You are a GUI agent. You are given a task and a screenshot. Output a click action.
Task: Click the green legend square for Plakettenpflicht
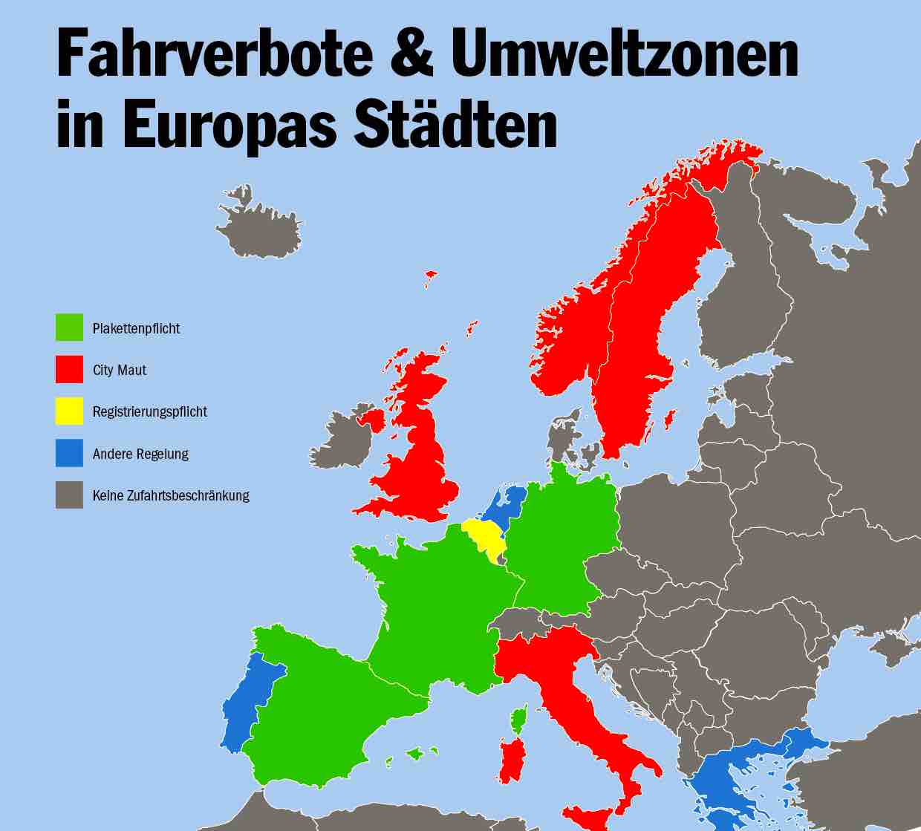(69, 327)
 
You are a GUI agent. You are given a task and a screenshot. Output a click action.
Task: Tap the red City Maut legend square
(69, 369)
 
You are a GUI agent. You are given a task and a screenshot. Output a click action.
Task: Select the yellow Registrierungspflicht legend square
(69, 411)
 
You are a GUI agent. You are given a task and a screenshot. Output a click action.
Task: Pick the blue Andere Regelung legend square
(69, 453)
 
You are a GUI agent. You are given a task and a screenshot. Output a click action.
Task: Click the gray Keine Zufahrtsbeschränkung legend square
(69, 495)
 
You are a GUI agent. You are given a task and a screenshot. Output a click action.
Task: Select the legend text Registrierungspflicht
(149, 411)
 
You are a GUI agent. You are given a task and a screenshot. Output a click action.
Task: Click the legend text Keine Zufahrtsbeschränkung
(171, 495)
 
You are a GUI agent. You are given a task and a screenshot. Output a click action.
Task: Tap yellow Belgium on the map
(481, 536)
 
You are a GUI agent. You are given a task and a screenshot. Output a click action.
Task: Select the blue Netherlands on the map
(507, 503)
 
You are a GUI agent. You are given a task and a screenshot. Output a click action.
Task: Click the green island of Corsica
(519, 719)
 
